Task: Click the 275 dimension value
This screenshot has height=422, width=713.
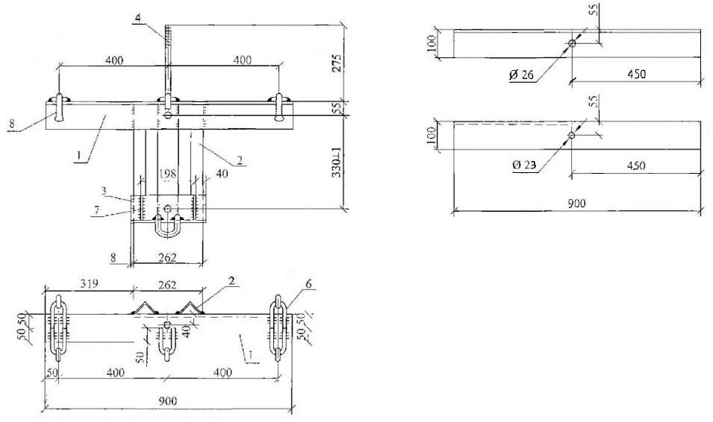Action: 337,63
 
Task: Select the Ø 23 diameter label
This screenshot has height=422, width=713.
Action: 524,166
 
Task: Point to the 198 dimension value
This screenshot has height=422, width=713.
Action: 167,174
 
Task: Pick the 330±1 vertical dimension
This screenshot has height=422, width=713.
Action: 337,163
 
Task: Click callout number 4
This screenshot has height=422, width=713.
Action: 138,18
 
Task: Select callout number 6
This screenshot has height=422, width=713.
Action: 308,284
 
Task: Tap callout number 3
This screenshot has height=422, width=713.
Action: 104,191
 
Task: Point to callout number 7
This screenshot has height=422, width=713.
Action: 96,209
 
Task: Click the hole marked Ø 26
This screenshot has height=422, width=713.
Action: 572,43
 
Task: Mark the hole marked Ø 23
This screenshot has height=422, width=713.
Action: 572,136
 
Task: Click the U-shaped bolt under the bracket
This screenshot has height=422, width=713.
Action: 167,226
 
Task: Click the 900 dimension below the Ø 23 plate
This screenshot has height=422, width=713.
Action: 576,203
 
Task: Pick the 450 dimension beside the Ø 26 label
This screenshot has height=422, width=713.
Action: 636,74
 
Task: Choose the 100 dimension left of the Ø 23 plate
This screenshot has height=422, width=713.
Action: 432,135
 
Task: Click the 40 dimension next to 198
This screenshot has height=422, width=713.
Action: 222,174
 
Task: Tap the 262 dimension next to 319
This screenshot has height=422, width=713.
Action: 167,285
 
